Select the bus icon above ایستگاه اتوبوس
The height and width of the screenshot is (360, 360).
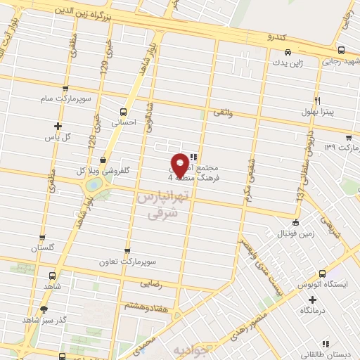point(322,274)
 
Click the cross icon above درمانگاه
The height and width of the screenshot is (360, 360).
point(312,300)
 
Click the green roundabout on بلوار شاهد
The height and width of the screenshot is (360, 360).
point(94,186)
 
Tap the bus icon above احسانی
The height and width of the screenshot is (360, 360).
point(124,111)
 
